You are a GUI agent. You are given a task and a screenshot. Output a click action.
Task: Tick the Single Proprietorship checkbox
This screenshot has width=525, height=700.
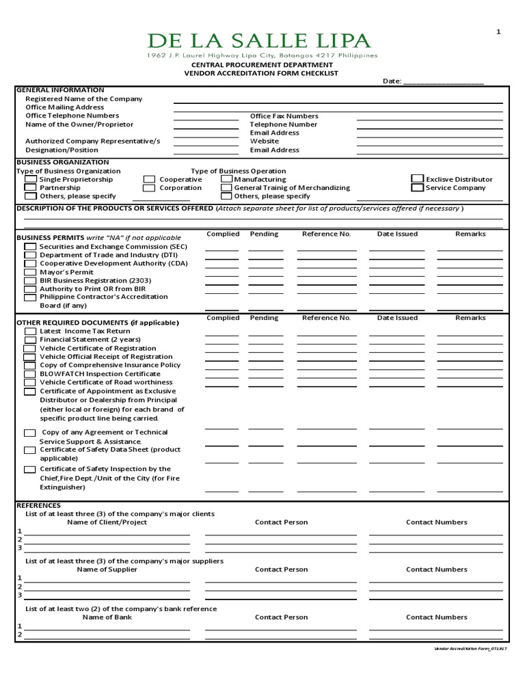click(x=31, y=179)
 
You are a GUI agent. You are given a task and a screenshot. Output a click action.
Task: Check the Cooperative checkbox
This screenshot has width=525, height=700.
click(x=149, y=179)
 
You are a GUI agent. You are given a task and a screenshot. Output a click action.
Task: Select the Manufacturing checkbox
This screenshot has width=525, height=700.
click(x=226, y=179)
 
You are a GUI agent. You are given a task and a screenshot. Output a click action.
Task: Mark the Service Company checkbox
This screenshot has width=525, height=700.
click(x=417, y=187)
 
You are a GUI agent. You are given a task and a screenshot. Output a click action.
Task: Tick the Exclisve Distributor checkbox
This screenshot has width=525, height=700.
click(x=417, y=178)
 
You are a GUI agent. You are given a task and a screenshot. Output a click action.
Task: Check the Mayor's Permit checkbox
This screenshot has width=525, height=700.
click(x=30, y=272)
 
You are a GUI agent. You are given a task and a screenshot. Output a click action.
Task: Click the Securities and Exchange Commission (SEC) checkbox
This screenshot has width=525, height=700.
click(x=30, y=247)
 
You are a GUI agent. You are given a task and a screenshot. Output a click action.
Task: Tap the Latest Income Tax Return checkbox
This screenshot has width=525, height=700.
click(x=30, y=332)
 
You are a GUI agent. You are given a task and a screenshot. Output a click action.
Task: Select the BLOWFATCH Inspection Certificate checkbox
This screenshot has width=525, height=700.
click(x=30, y=375)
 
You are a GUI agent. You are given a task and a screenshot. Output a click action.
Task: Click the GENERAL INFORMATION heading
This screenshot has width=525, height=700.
click(x=60, y=90)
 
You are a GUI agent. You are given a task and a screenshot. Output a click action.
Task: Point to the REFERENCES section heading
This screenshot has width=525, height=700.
click(x=38, y=505)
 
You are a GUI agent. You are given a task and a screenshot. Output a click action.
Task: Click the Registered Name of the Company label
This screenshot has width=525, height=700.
click(x=84, y=98)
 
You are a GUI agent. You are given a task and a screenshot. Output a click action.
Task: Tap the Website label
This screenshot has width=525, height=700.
click(x=265, y=142)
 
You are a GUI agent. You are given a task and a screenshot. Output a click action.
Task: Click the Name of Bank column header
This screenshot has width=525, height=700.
click(x=107, y=617)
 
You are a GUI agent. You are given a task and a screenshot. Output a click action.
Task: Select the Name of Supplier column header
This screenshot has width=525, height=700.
click(x=107, y=569)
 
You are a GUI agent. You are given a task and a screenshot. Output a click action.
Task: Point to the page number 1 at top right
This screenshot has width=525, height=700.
click(x=498, y=31)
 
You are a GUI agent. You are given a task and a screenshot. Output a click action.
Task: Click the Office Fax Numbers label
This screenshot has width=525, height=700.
click(x=284, y=116)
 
